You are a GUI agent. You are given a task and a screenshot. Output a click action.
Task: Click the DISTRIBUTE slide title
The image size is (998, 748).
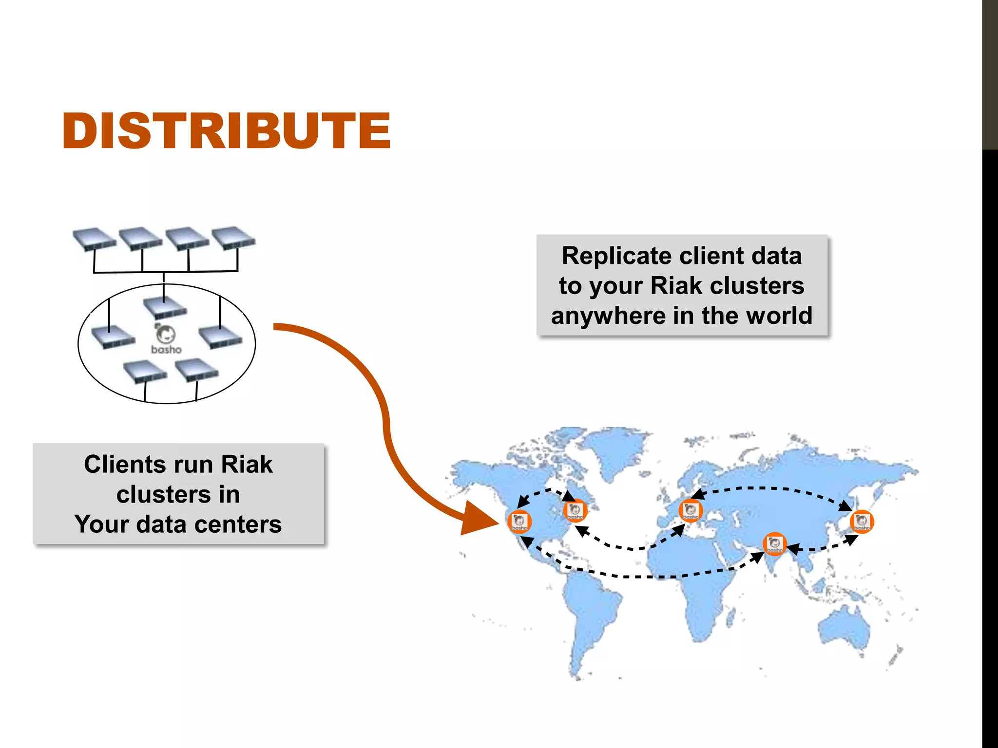tap(227, 131)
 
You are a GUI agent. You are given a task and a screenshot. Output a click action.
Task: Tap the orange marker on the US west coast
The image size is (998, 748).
tap(519, 522)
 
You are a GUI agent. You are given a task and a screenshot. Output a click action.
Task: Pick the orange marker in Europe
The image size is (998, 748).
tap(691, 511)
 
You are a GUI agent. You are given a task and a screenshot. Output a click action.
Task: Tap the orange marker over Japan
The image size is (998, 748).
tap(862, 522)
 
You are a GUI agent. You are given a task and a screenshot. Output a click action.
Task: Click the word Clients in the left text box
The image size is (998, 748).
tap(124, 464)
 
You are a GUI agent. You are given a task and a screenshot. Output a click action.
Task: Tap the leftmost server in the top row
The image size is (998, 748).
tap(95, 239)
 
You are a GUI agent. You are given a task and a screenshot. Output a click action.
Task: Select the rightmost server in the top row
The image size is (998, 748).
tap(233, 238)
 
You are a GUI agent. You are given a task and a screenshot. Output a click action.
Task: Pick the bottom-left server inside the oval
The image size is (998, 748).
tap(145, 372)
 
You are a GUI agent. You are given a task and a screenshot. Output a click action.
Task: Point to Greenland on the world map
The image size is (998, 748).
tap(616, 448)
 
